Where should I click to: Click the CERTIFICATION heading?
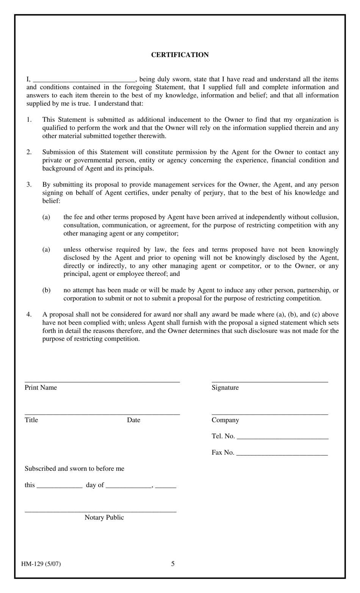[x=180, y=55]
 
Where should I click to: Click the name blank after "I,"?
[x=84, y=80]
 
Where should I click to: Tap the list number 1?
[x=29, y=120]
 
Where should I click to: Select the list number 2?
[x=29, y=152]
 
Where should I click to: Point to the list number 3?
[x=29, y=185]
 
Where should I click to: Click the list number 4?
[x=29, y=314]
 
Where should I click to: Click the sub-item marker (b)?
[x=46, y=290]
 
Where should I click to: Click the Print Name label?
[x=41, y=387]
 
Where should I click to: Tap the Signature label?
[x=225, y=387]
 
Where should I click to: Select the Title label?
[x=31, y=420]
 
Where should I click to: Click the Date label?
[x=133, y=420]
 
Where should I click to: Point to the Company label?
[x=225, y=420]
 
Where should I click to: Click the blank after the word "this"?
[x=59, y=486]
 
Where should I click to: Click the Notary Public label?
[x=104, y=518]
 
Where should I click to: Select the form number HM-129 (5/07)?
[x=41, y=564]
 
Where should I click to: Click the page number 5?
[x=173, y=564]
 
